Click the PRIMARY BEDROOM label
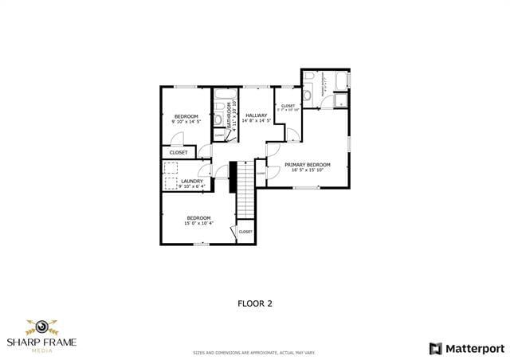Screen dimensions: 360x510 point(307,164)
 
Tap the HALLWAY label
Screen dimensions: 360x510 point(257,115)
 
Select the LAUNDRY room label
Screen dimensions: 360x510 point(191,181)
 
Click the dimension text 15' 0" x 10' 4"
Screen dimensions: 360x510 point(198,223)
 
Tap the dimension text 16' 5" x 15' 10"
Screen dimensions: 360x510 point(307,170)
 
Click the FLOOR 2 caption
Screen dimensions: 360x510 point(255,303)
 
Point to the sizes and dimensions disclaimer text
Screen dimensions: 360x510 point(254,352)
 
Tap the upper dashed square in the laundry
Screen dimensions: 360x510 point(171,167)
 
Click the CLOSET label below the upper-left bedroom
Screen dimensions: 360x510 point(178,152)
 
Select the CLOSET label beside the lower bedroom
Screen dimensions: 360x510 point(245,232)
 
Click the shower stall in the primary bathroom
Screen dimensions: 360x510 point(340,100)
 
